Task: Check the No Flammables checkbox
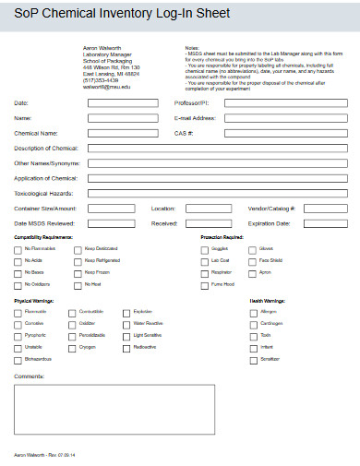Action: point(18,249)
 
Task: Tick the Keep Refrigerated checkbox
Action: point(78,261)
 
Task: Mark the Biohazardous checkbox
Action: point(18,358)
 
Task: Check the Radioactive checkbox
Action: point(126,347)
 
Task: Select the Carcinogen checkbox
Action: point(254,324)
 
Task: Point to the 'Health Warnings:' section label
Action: point(268,301)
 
